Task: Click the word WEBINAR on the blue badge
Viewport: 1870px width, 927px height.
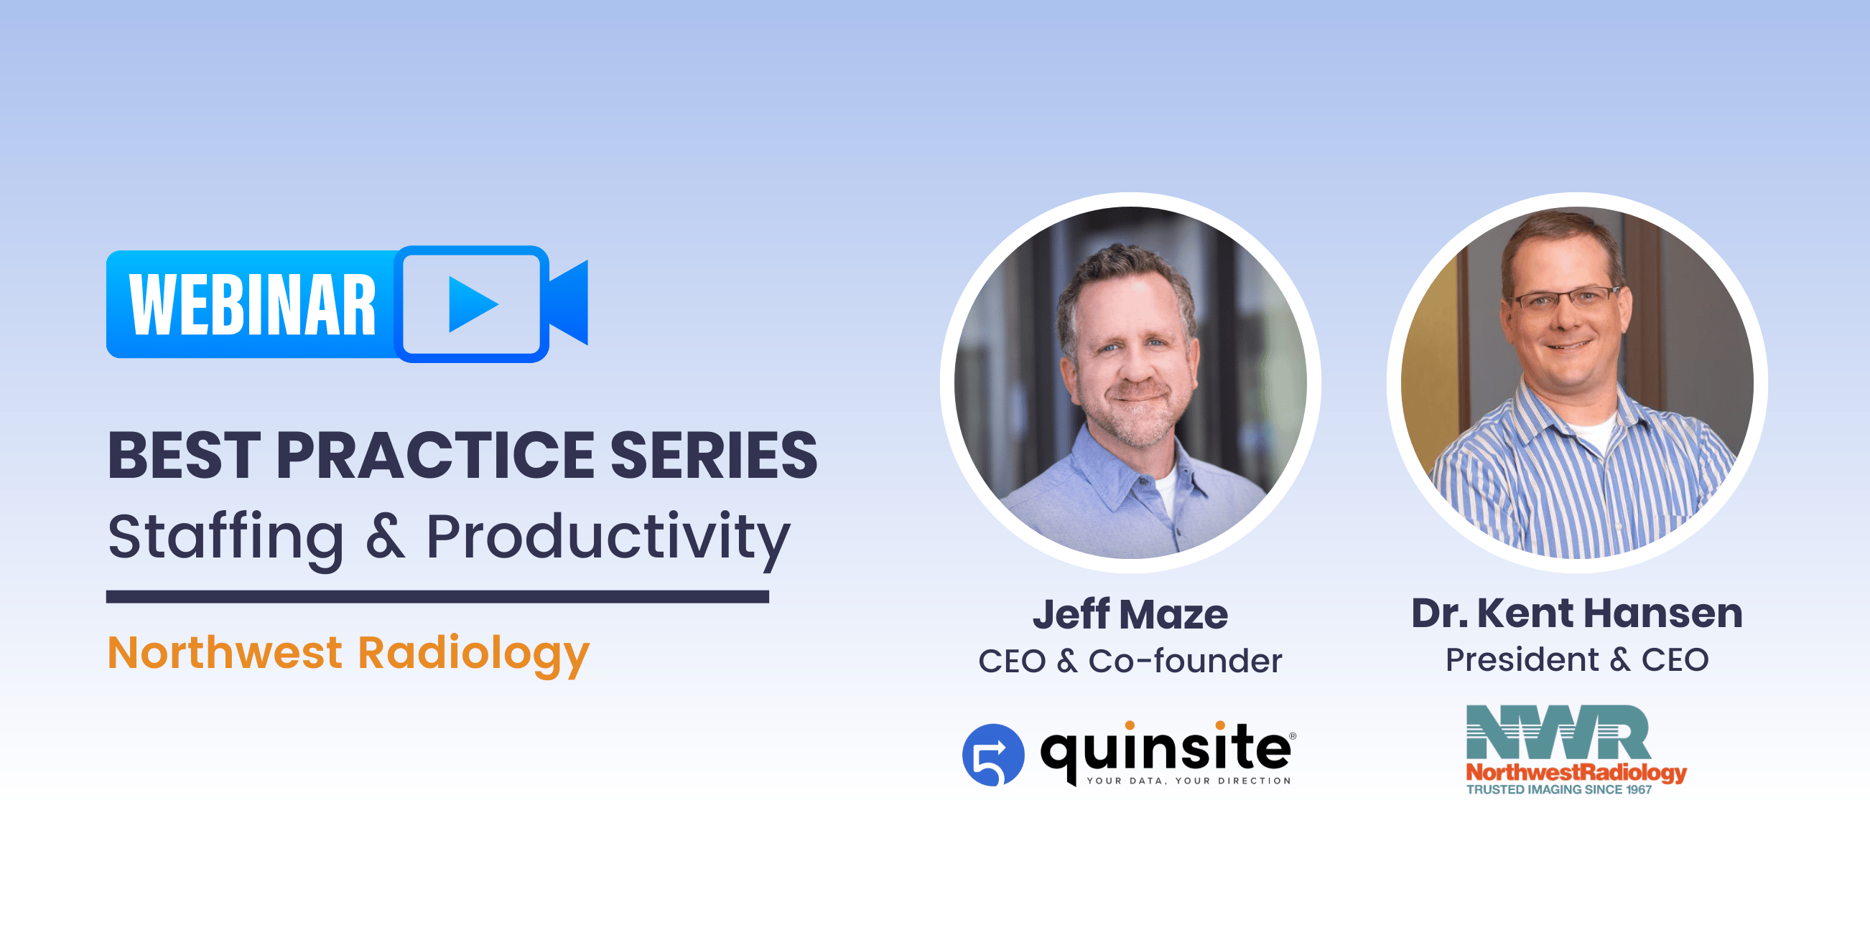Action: point(252,306)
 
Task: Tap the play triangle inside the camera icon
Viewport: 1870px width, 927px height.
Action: point(470,305)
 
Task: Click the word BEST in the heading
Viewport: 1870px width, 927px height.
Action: point(184,456)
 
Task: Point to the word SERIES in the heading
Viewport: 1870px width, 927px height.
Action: point(714,456)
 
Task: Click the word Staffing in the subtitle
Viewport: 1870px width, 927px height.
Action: point(225,537)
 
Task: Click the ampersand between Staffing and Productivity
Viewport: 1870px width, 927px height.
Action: point(385,537)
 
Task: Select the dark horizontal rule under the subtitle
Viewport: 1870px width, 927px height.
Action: point(437,597)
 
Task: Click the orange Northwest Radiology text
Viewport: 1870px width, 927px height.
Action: point(348,653)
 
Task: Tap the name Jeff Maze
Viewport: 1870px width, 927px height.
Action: point(1130,615)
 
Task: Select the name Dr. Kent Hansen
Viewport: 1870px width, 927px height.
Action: point(1577,613)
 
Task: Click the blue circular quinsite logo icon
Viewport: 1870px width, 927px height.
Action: point(992,755)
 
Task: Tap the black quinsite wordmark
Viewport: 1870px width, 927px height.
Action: point(1165,749)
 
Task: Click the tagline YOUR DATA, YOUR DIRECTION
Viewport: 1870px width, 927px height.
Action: point(1189,781)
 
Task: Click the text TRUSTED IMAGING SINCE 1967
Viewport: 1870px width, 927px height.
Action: point(1558,790)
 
